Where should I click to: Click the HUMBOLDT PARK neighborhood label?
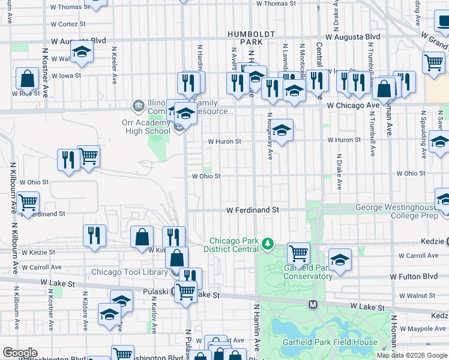(250, 38)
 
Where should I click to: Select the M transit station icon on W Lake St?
(313, 305)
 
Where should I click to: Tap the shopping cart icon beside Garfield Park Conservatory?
(298, 252)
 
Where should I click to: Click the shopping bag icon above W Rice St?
(28, 77)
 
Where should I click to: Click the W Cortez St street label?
(68, 24)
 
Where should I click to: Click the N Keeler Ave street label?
(113, 64)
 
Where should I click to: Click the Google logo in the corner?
(20, 353)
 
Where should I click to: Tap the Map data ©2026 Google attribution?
(412, 355)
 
